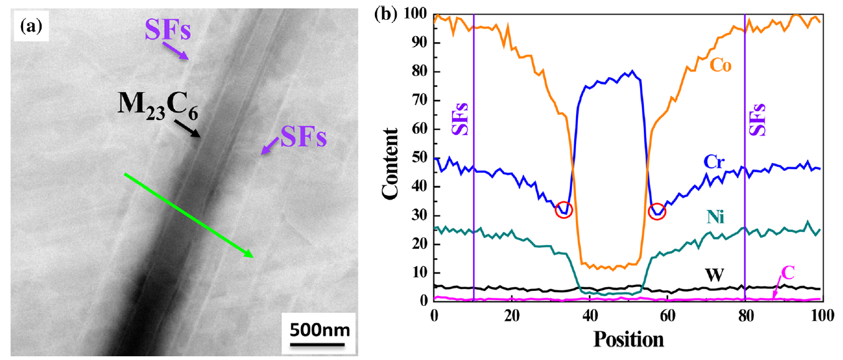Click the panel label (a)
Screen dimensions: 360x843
[x=30, y=25]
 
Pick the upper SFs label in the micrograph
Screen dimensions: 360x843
[x=168, y=30]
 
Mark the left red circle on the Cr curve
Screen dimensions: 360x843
[x=564, y=210]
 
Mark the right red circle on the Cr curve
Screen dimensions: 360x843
[x=657, y=212]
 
